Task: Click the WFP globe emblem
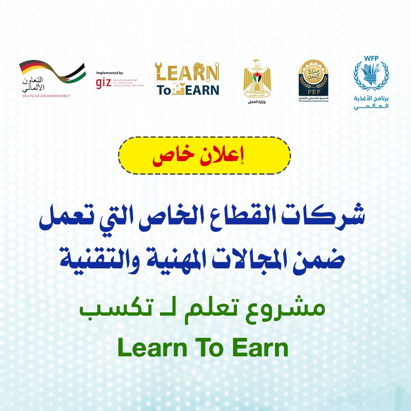(x=371, y=80)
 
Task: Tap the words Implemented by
(x=109, y=73)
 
